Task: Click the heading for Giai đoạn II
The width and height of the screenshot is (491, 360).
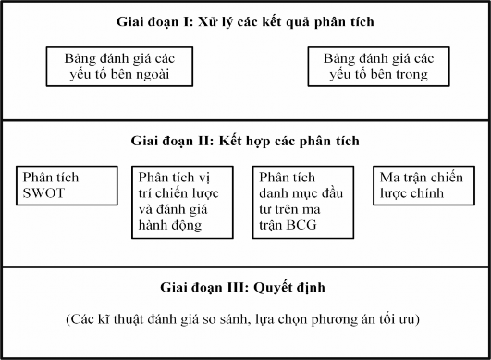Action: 245,142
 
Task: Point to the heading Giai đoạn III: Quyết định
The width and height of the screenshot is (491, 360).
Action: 245,286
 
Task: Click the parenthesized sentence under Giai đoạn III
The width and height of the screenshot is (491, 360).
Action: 245,320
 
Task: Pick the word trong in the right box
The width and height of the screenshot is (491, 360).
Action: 411,75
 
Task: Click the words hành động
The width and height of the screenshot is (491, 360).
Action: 170,224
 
